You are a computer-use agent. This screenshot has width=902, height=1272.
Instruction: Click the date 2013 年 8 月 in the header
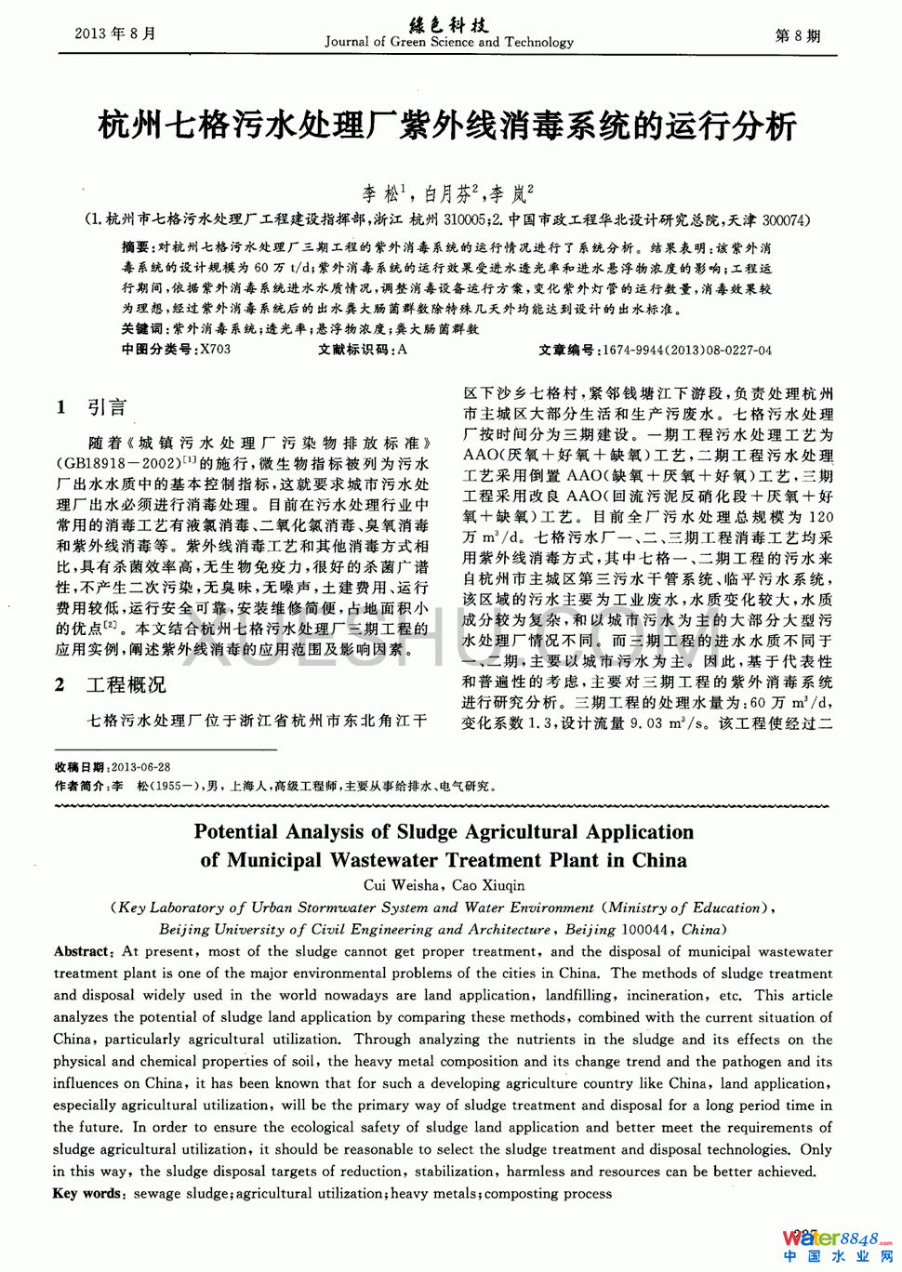click(115, 33)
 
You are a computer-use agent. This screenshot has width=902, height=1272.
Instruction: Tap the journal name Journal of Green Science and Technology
click(449, 42)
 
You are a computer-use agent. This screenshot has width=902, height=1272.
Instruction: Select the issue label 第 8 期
click(798, 35)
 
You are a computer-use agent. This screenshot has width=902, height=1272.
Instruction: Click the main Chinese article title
click(447, 125)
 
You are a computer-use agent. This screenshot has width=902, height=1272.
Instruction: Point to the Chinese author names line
click(447, 193)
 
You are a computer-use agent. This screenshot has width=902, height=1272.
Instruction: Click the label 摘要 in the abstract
click(136, 248)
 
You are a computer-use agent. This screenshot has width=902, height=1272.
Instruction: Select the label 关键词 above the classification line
click(142, 329)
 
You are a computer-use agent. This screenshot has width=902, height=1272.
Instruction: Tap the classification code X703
click(216, 350)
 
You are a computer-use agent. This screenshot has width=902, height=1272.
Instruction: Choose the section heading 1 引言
click(91, 407)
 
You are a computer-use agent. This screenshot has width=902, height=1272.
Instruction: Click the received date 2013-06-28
click(140, 767)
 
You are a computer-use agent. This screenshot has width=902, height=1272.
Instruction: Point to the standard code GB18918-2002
click(121, 463)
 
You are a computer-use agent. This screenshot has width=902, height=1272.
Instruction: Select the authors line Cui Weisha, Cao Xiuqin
click(444, 885)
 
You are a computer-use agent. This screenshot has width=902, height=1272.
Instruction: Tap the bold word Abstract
click(82, 951)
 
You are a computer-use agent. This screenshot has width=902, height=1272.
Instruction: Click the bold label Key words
click(87, 1193)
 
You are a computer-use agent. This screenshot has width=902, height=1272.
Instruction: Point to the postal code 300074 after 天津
click(785, 220)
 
